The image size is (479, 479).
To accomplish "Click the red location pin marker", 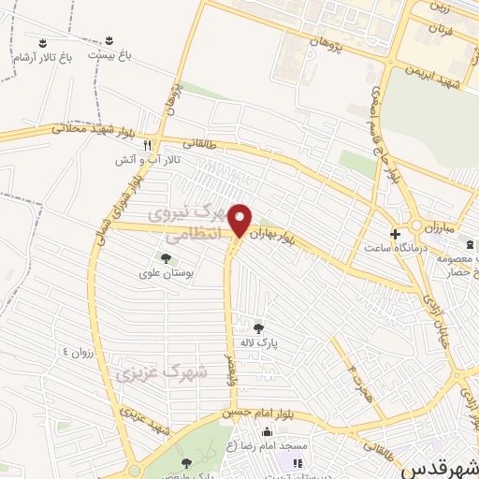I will [x=240, y=220].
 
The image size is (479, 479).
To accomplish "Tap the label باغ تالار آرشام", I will [x=42, y=58].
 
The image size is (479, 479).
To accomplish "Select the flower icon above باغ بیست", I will [x=109, y=40].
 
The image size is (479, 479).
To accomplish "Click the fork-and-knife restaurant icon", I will [x=148, y=146].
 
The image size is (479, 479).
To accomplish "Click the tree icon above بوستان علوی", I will [x=166, y=257].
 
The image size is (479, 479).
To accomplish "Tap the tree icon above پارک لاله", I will [x=257, y=327].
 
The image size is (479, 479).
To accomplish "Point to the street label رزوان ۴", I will [x=80, y=351].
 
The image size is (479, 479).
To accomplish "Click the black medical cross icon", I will [x=394, y=233].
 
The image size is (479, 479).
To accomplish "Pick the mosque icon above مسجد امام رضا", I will [x=269, y=432].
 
